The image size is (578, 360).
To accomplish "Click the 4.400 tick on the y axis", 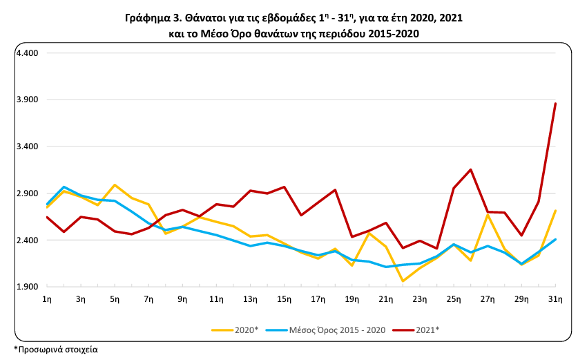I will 27,53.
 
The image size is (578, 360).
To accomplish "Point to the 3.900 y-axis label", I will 27,100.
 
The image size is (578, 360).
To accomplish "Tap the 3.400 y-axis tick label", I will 27,146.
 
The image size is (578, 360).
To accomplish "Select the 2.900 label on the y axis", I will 27,193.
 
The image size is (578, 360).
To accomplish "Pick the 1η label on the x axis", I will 47,299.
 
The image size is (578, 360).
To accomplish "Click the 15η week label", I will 284,299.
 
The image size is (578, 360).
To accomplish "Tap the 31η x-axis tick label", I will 555,299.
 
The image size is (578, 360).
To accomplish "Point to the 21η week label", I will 385,299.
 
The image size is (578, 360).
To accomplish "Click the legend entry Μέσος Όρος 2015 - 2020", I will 339,330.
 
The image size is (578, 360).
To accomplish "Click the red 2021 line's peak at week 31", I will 556,104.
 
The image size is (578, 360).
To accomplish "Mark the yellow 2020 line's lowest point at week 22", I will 403,281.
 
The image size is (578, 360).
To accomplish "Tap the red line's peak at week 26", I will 471,169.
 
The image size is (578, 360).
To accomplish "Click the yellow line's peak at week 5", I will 115,184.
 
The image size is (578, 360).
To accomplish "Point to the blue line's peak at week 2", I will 64,187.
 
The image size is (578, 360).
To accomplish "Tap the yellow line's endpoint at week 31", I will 556,211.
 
